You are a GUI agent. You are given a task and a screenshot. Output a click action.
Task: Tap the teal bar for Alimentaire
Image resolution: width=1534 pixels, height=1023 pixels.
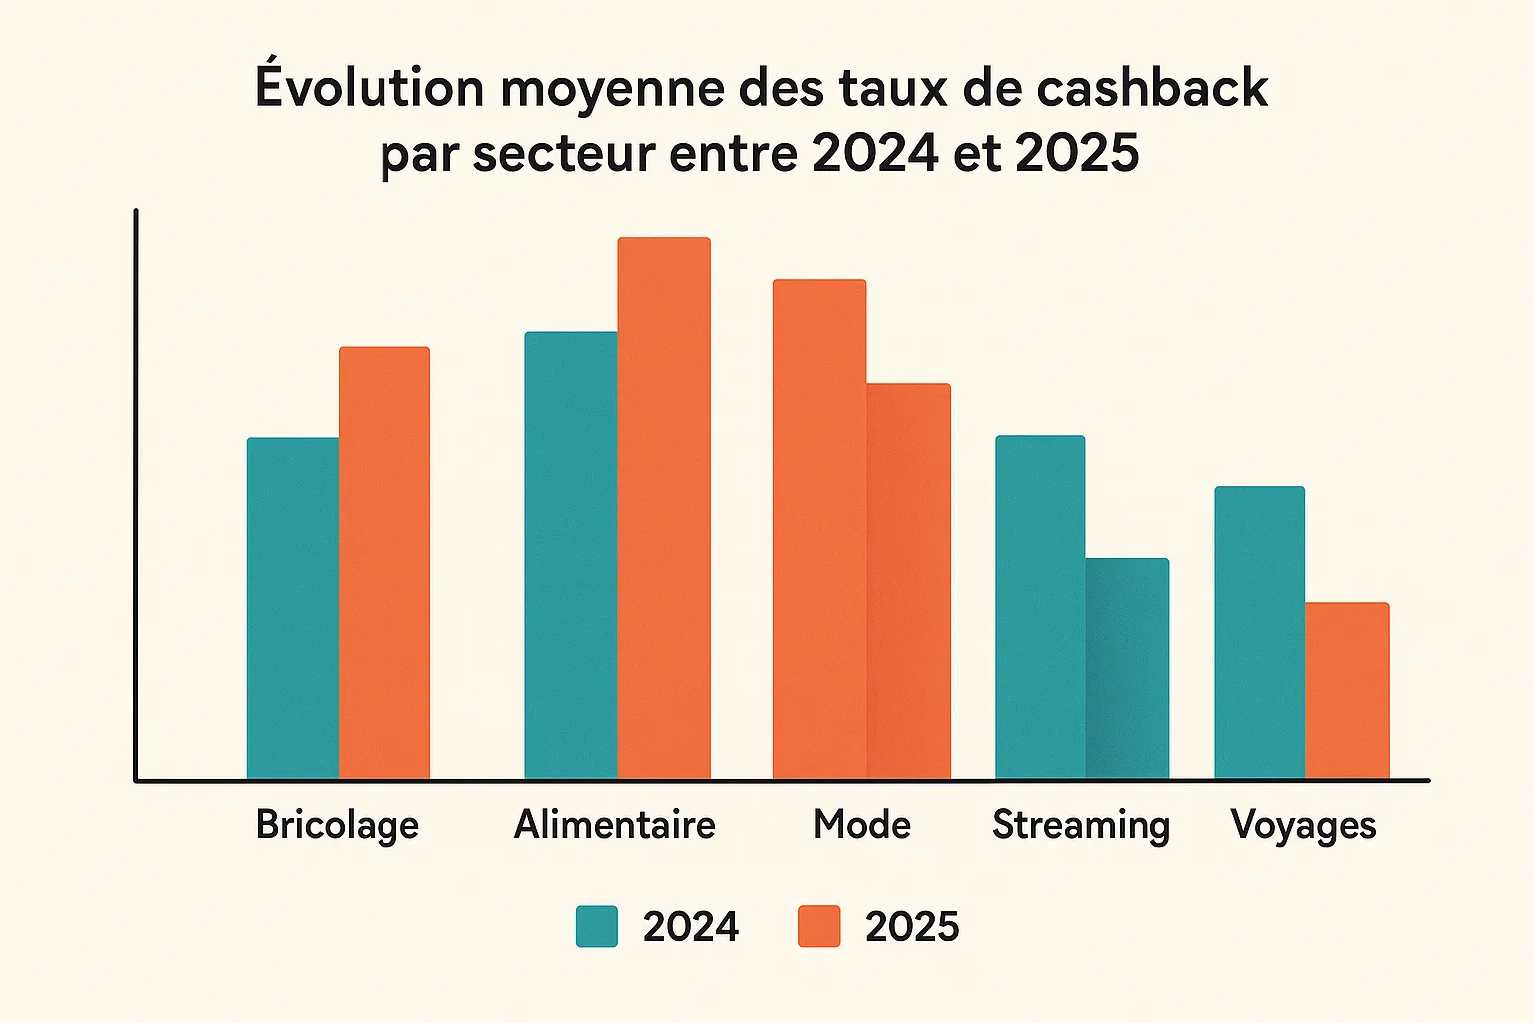coord(571,554)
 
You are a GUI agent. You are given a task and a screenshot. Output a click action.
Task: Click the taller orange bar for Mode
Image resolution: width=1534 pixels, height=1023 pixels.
coord(819,528)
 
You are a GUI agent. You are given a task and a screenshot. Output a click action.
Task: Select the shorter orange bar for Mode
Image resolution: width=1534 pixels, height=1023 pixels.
coord(909,580)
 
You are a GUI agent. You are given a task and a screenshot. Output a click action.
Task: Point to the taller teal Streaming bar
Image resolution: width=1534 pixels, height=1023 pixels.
coord(1040,606)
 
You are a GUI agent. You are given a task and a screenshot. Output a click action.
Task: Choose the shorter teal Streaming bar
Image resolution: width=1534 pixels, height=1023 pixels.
coord(1128,668)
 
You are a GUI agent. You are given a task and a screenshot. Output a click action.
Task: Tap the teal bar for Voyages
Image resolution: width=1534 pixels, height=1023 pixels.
coord(1259,631)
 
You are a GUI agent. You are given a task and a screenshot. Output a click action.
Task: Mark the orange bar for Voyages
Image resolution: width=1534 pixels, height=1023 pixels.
coord(1347,690)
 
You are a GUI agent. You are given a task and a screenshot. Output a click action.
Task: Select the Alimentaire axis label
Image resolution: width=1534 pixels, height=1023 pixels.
coord(615,825)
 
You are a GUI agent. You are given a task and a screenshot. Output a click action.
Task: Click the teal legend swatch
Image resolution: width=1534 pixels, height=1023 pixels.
coord(597,926)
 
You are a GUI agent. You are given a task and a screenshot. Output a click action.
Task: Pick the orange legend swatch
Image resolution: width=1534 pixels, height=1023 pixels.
coord(819,926)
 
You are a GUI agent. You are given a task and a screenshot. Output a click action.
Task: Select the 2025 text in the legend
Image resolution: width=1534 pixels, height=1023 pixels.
coord(912,927)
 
